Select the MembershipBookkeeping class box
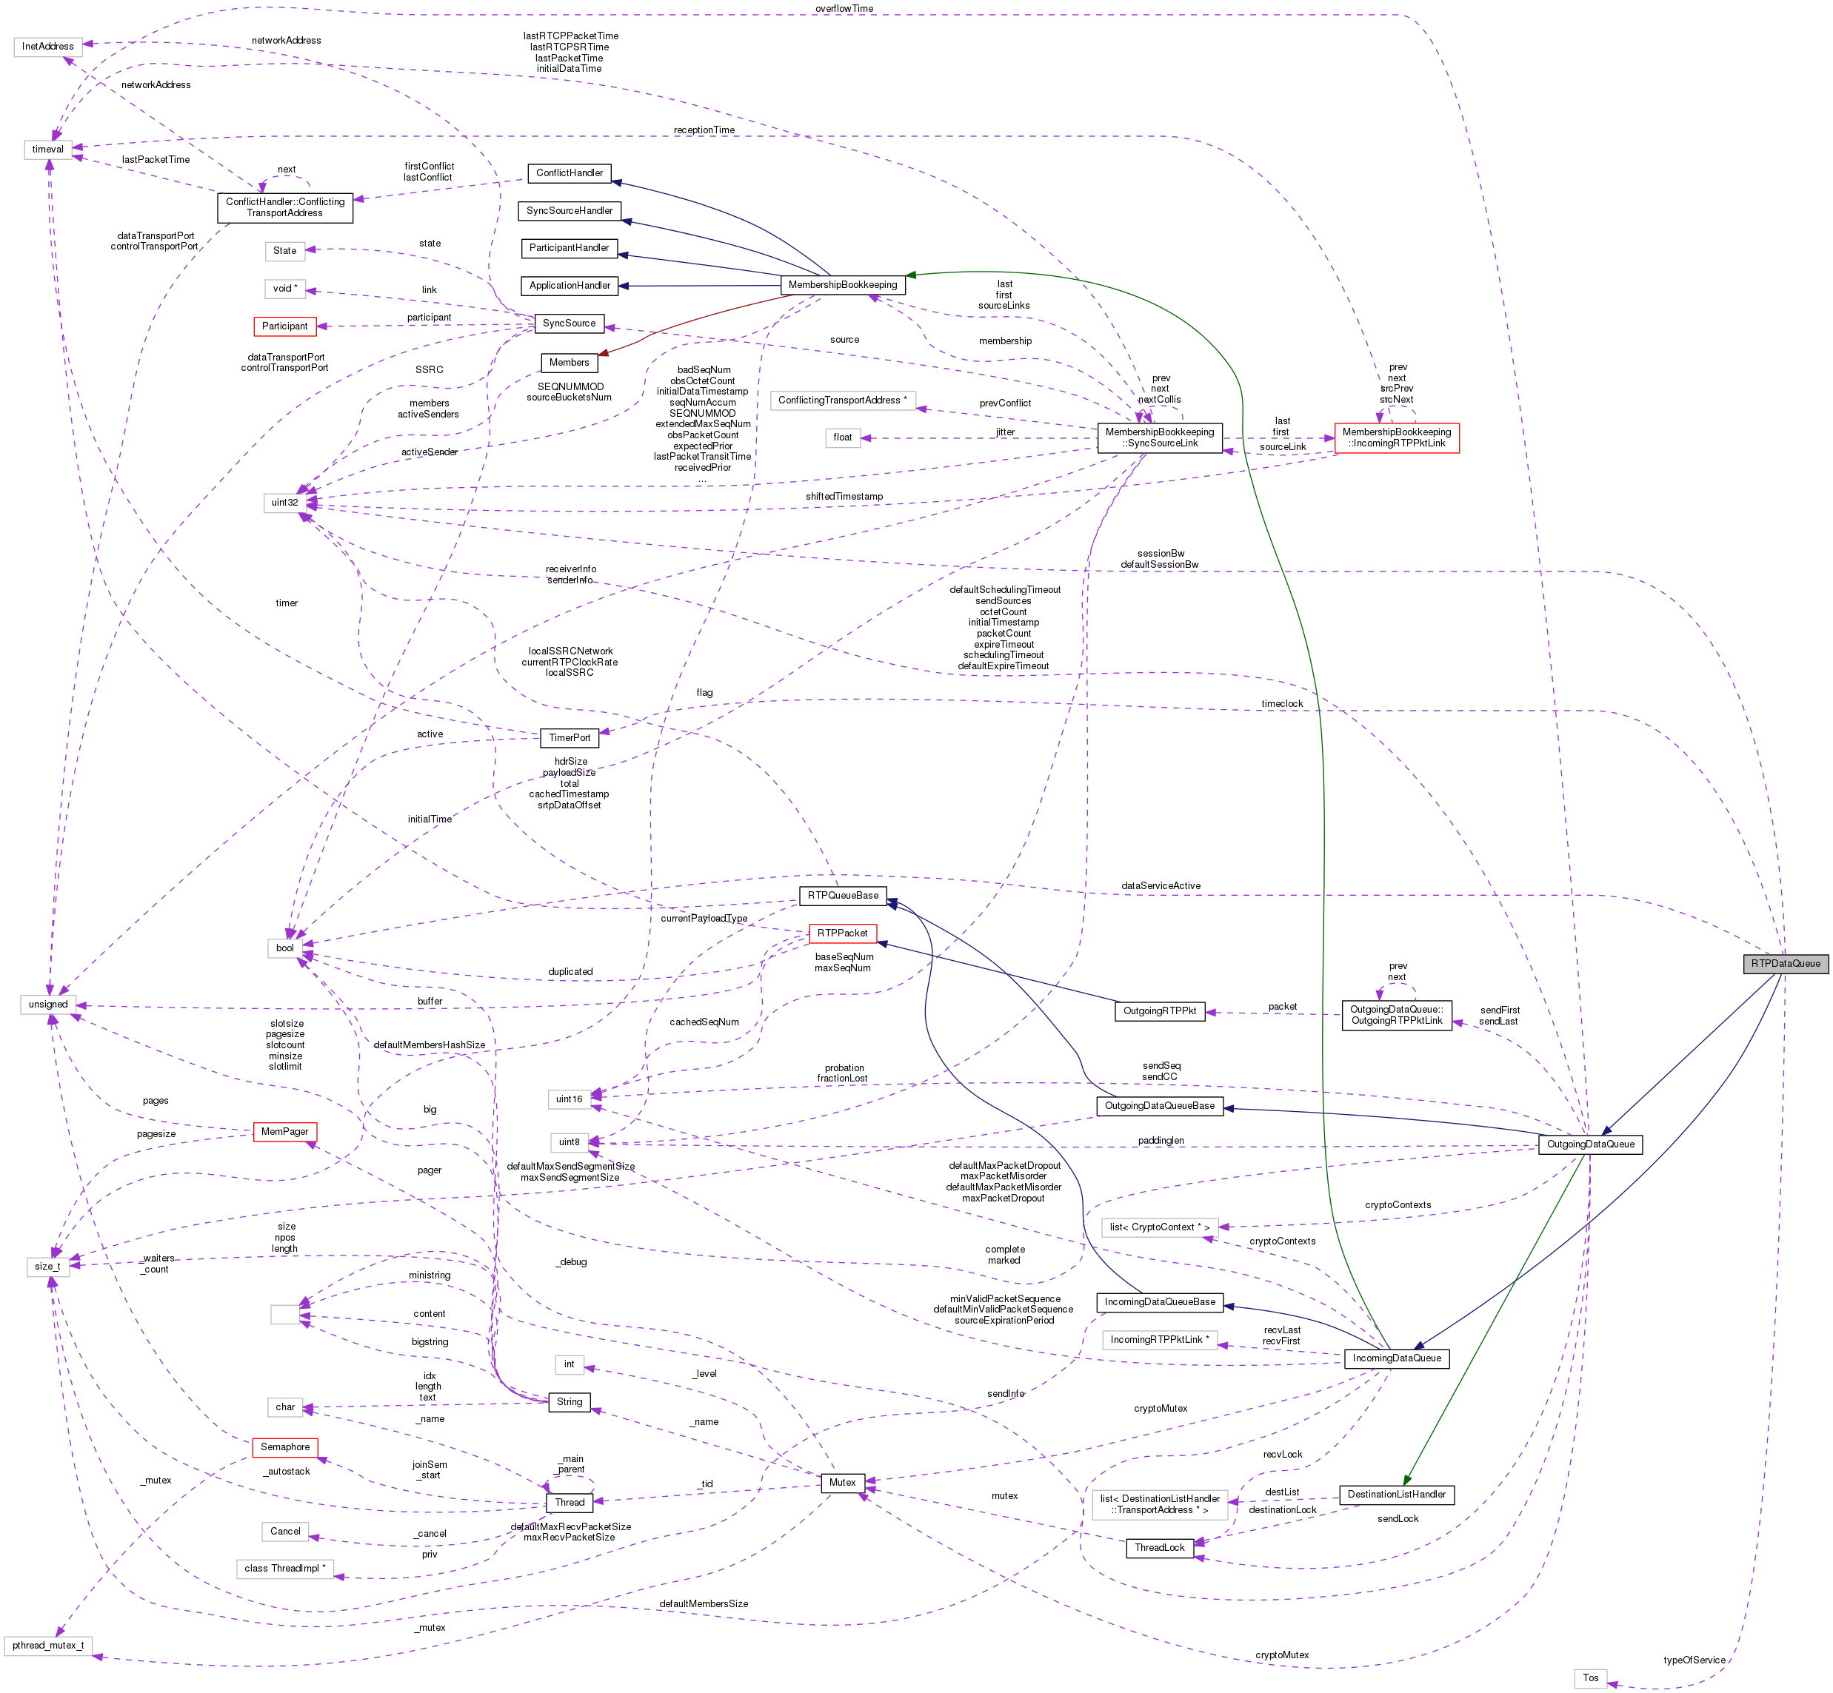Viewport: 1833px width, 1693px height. tap(842, 285)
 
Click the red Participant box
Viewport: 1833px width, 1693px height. tap(284, 326)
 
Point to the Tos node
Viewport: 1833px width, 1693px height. tap(1590, 1678)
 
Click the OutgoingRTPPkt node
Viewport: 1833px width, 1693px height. tap(1159, 1011)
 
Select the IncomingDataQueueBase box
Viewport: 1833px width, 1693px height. tap(1159, 1302)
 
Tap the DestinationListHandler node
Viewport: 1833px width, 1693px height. tap(1396, 1494)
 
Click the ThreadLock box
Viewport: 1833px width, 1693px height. tap(1159, 1547)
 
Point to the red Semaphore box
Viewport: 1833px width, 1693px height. tap(284, 1446)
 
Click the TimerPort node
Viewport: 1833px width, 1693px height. tap(569, 737)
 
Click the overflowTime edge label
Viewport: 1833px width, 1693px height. tap(844, 8)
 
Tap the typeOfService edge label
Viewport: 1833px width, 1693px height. tap(1694, 1660)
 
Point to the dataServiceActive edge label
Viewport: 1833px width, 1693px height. tap(1161, 886)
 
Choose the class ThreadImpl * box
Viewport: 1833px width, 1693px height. tap(284, 1569)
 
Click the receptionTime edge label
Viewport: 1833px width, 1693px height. tap(704, 130)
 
